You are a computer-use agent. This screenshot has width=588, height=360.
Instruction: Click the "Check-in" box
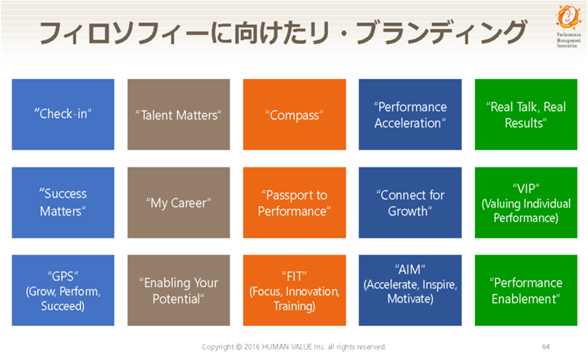63,114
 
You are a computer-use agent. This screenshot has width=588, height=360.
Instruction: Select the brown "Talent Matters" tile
179,114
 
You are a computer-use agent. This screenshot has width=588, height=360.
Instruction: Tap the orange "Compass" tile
294,114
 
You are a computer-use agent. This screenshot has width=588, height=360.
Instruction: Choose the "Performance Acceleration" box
410,114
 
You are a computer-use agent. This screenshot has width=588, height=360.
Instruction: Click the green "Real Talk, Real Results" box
526,114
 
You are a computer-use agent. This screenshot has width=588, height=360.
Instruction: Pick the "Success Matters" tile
63,202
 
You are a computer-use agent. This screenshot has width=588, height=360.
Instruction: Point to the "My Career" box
179,202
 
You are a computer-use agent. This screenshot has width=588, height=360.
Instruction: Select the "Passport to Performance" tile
294,202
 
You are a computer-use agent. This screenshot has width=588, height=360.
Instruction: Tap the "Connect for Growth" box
410,202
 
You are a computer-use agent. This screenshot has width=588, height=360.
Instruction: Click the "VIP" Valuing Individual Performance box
526,202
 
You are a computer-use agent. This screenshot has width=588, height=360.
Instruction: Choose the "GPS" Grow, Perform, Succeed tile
63,290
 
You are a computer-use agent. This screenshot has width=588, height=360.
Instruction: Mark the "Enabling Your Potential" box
179,290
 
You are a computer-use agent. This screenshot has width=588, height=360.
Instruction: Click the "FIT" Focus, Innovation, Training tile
294,290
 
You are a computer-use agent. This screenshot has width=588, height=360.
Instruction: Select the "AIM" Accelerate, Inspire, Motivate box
410,290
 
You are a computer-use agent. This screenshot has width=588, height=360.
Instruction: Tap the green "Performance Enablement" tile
526,290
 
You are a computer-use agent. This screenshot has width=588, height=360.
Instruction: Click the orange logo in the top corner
568,17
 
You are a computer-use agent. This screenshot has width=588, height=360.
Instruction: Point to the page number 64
546,347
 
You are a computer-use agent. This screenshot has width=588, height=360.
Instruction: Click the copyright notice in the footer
294,347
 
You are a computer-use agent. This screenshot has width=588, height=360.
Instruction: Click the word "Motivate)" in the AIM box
410,299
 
